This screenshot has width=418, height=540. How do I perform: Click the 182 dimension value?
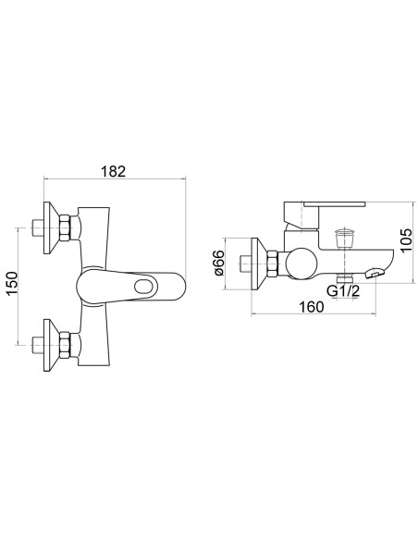coord(113,171)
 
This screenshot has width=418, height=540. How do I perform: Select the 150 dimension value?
coord(12,284)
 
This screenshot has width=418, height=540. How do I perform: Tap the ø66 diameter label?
coord(219,263)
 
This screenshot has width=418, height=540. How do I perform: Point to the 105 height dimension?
coord(406,240)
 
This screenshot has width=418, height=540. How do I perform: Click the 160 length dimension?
coord(311,306)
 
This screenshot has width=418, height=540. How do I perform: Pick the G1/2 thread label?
coord(343,291)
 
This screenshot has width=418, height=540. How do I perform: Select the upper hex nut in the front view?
coord(66,227)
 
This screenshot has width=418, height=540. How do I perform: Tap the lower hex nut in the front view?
coord(66,345)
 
